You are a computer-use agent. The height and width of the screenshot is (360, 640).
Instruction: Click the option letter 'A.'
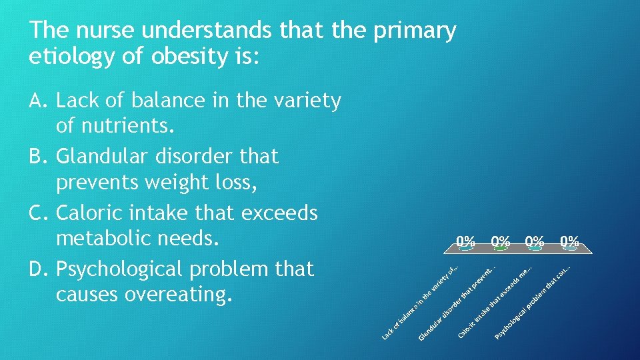pos(40,101)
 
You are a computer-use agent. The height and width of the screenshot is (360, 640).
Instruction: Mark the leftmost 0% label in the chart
pos(465,241)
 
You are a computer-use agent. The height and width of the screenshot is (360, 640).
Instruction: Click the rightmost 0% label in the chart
pos(569,241)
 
